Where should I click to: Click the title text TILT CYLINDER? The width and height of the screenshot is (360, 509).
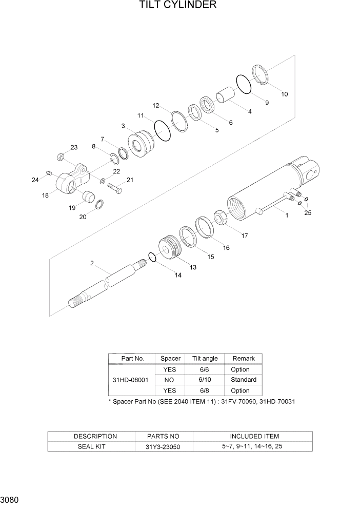(177, 6)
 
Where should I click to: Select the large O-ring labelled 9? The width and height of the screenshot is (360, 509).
(244, 84)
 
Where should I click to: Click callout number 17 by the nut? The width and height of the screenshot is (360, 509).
(245, 236)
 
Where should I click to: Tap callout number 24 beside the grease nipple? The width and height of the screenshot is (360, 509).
(35, 180)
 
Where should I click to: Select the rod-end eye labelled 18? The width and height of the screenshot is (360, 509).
(70, 180)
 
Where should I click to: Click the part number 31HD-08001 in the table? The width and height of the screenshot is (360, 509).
(130, 380)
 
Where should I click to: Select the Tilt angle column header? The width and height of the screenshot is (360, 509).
(205, 359)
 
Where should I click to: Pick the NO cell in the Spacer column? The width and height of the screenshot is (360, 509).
(169, 380)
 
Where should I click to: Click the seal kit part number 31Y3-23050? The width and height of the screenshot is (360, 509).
(163, 446)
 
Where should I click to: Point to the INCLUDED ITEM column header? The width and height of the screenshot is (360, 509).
(254, 436)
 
